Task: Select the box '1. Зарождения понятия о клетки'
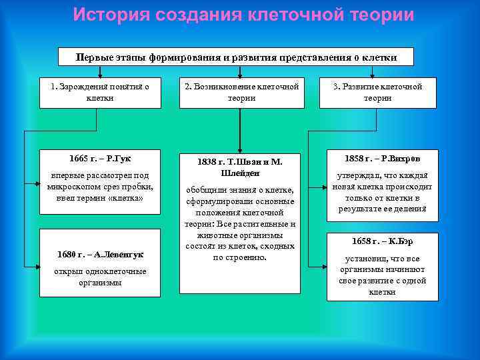pos(100,92)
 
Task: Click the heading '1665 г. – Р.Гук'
pos(99,159)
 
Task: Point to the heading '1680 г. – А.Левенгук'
pos(100,255)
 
